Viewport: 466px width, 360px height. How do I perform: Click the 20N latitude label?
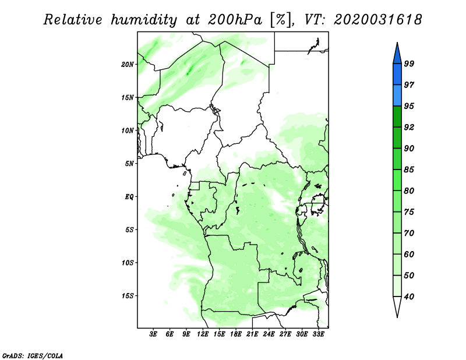click(x=128, y=64)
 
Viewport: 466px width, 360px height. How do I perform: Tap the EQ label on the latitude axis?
click(x=129, y=197)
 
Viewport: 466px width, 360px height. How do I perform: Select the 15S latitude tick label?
click(x=128, y=296)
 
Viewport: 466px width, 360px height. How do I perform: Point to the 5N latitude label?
click(x=129, y=164)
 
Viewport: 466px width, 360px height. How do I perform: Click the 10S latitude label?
click(x=128, y=263)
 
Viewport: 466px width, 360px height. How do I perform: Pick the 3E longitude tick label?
click(x=153, y=334)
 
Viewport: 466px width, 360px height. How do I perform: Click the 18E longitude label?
click(x=236, y=334)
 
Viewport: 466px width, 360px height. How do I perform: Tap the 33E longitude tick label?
click(x=318, y=334)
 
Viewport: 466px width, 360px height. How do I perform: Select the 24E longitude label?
click(x=269, y=334)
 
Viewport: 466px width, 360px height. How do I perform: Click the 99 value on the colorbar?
click(x=409, y=63)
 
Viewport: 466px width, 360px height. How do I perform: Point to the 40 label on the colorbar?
click(x=409, y=297)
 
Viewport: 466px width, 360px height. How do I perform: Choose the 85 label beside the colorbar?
click(x=409, y=170)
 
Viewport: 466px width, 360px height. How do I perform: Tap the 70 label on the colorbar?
click(x=409, y=233)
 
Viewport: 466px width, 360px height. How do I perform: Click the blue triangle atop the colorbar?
click(x=397, y=55)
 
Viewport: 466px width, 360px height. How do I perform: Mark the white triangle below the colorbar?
click(x=397, y=305)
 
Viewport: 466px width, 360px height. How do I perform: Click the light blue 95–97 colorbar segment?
click(x=397, y=96)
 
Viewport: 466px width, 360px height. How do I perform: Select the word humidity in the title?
click(x=144, y=20)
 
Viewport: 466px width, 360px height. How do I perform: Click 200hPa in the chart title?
click(x=235, y=20)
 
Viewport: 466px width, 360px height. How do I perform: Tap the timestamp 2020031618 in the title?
click(x=377, y=20)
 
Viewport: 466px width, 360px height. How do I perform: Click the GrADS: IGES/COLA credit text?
click(x=33, y=355)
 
